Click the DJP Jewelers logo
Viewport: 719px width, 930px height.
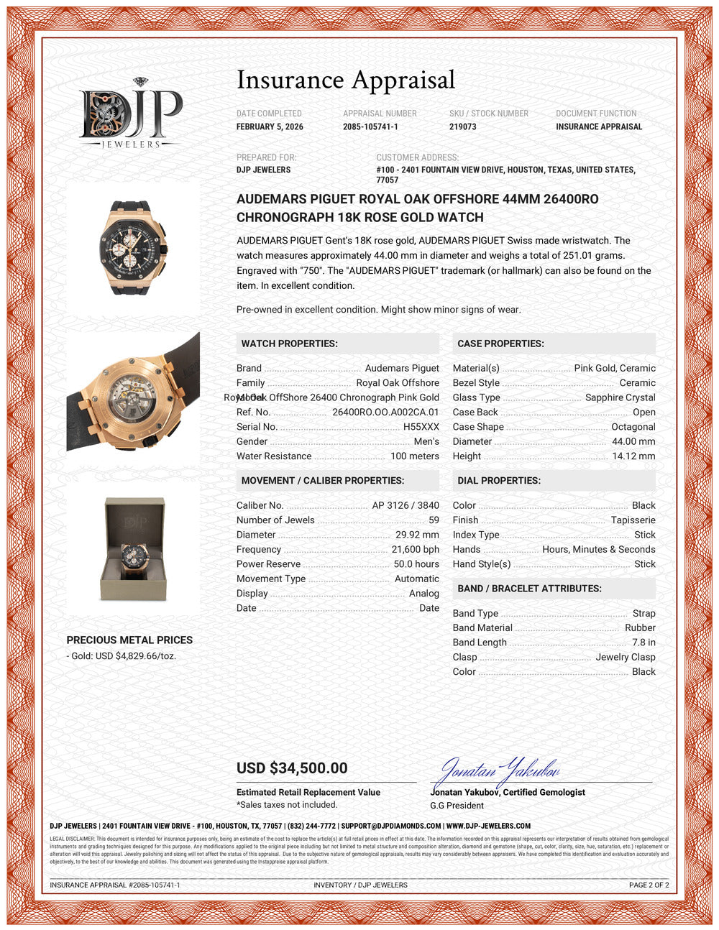coord(131,114)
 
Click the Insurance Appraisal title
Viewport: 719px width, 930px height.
coord(346,80)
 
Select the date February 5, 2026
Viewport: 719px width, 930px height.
coord(270,126)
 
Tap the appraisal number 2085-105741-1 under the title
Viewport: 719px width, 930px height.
coord(370,126)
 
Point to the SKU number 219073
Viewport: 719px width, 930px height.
coord(463,126)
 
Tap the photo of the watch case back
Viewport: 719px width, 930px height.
coord(133,392)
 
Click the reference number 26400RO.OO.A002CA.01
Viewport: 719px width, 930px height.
coord(385,413)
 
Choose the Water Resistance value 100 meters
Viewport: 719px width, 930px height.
coord(414,456)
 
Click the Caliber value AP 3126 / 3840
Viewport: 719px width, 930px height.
coord(405,505)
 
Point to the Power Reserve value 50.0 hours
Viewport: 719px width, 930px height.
coord(416,564)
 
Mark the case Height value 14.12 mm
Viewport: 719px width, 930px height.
coord(633,456)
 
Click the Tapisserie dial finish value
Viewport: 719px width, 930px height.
coord(633,520)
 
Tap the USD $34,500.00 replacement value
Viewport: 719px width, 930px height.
coord(292,768)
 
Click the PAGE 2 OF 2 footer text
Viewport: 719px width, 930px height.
coord(649,885)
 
